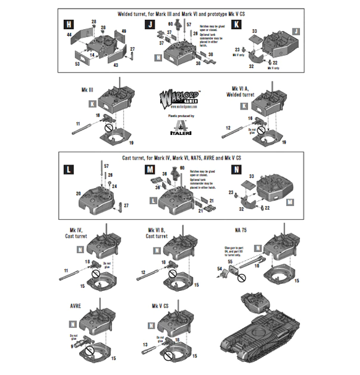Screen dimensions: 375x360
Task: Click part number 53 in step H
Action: (78, 63)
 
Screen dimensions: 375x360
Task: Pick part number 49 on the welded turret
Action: (124, 31)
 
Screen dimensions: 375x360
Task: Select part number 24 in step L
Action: (114, 185)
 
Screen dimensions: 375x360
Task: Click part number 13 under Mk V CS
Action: (145, 345)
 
